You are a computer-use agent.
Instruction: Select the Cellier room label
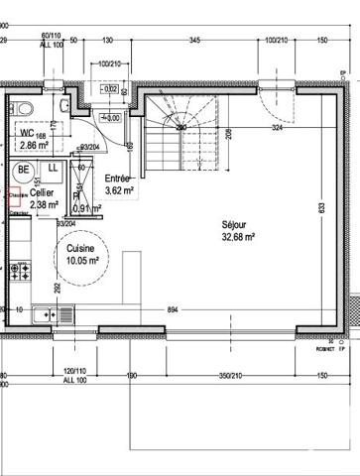coord(42,194)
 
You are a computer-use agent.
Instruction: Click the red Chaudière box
coord(15,196)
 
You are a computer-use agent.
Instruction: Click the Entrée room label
coord(118,179)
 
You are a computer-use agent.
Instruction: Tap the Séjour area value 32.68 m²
coord(238,238)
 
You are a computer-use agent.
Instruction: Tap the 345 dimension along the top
coord(195,40)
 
